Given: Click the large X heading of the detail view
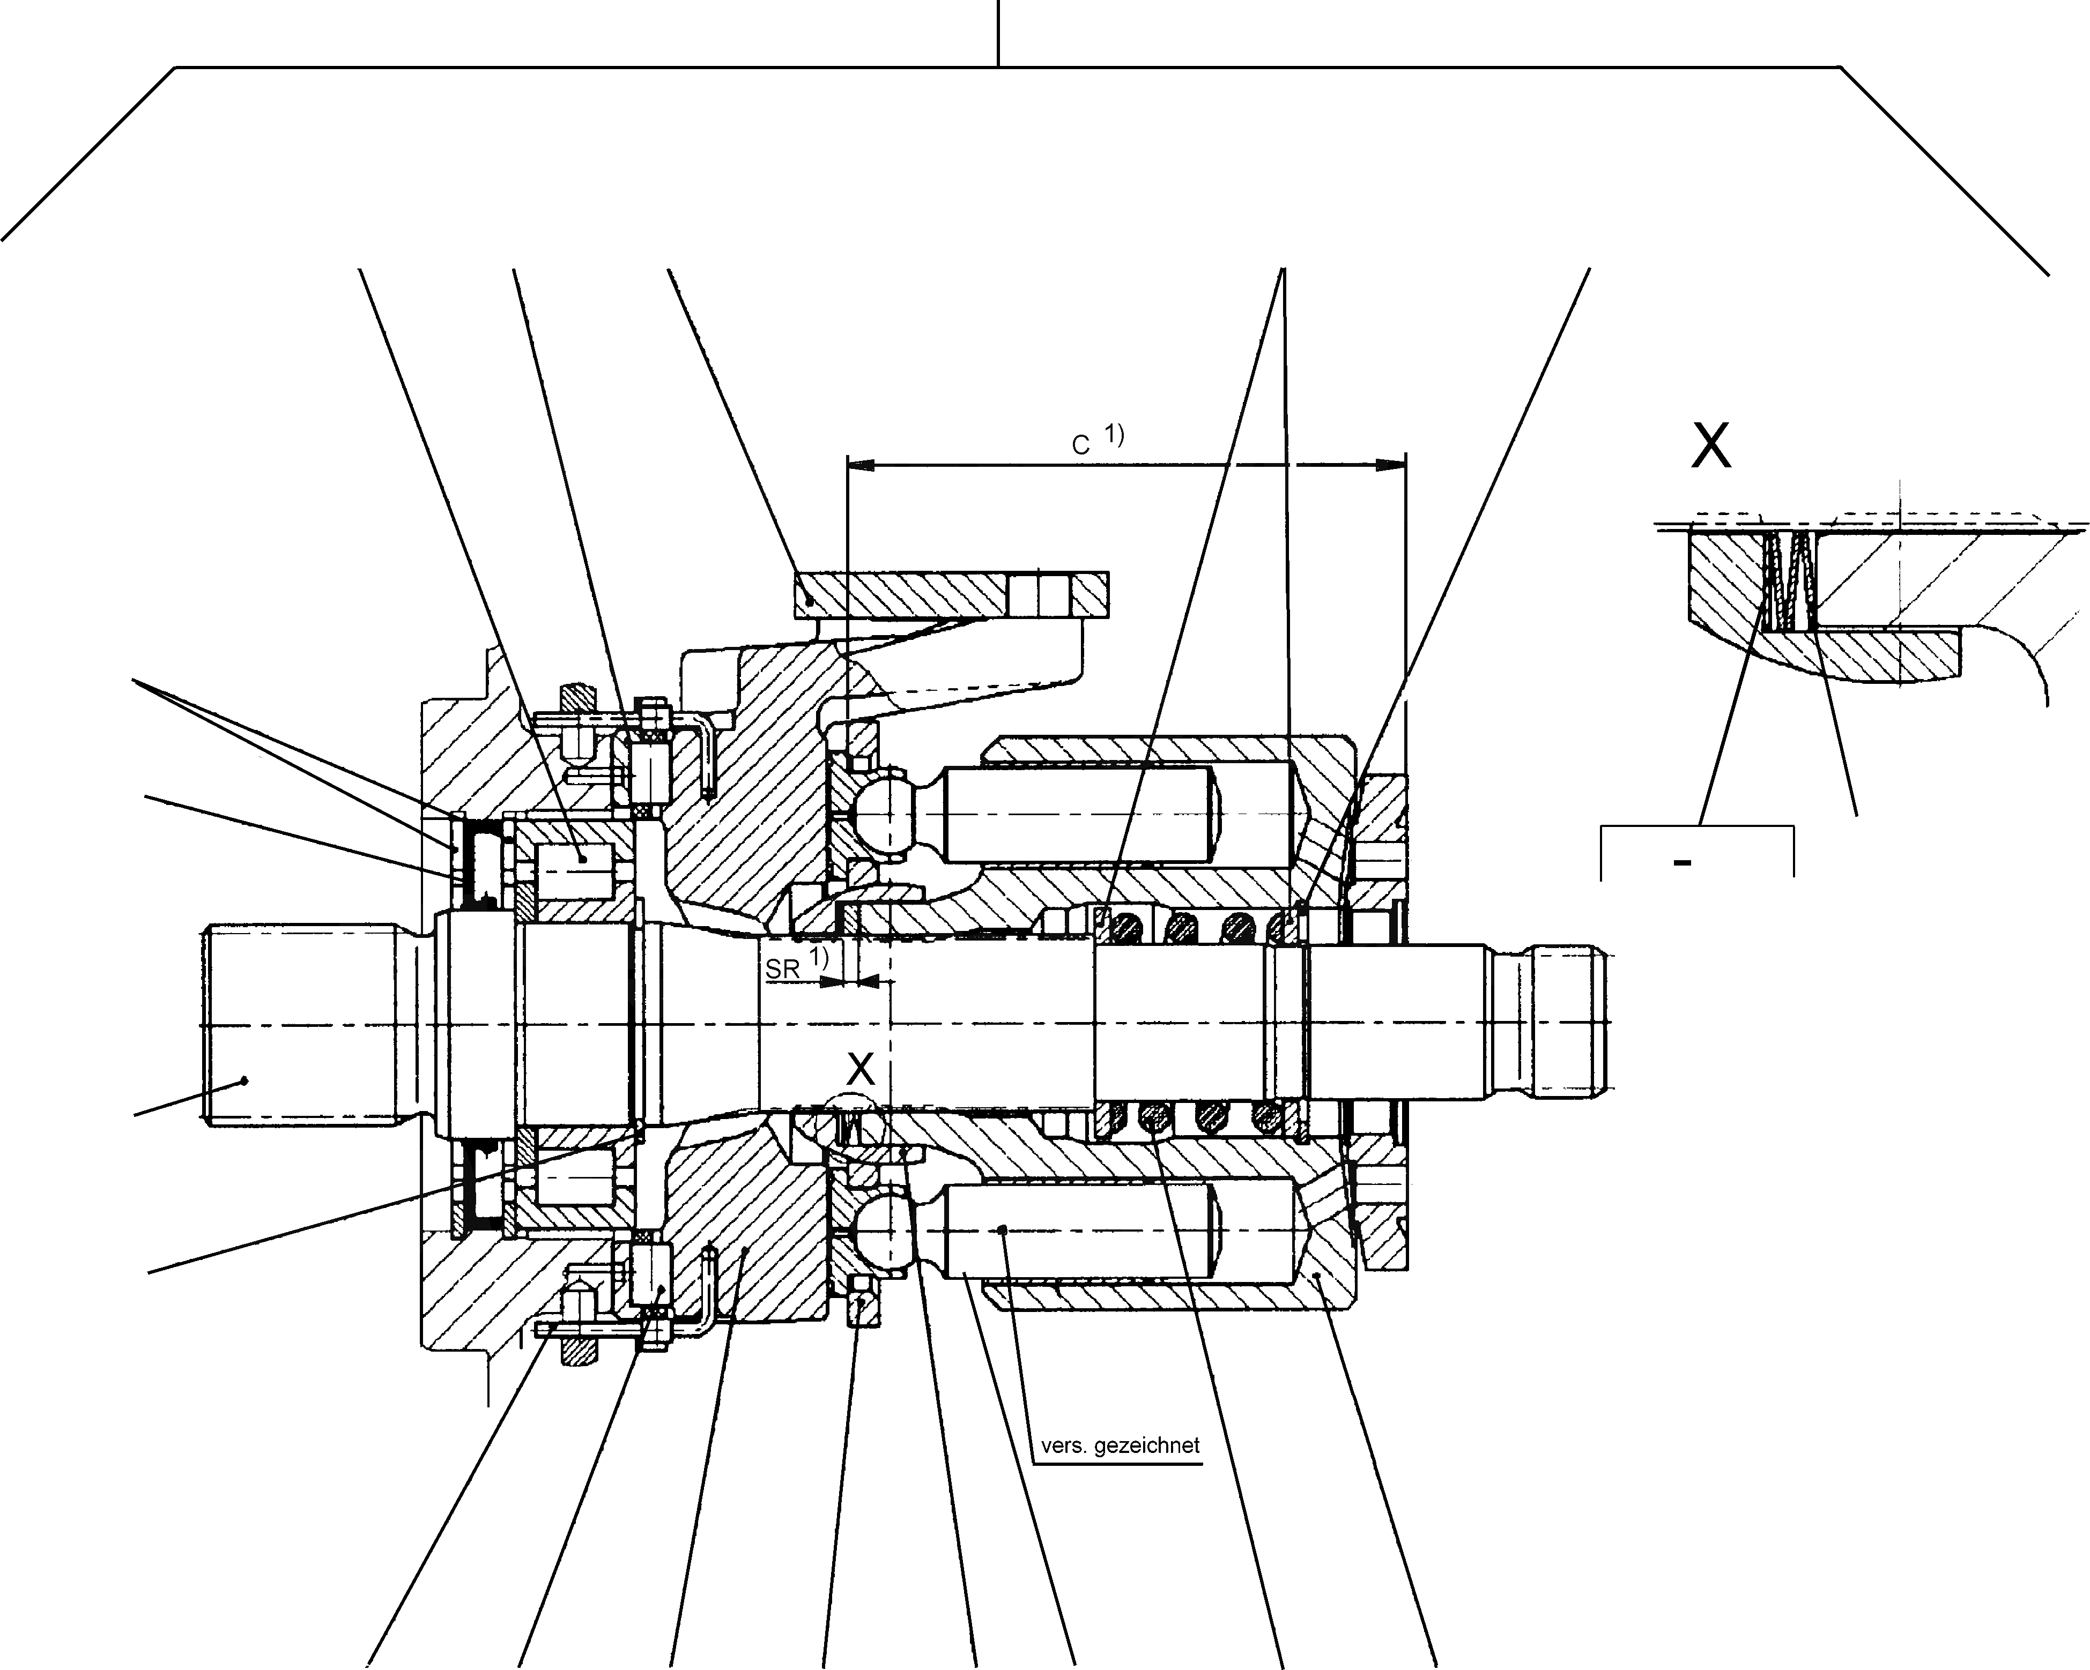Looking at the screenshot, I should (1711, 447).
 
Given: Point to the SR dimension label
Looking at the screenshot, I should (782, 968).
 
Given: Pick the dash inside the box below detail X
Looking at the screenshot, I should (1683, 861).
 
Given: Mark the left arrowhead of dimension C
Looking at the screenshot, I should (861, 465).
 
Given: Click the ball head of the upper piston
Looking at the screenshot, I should (884, 813).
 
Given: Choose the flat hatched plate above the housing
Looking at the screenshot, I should (950, 594).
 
